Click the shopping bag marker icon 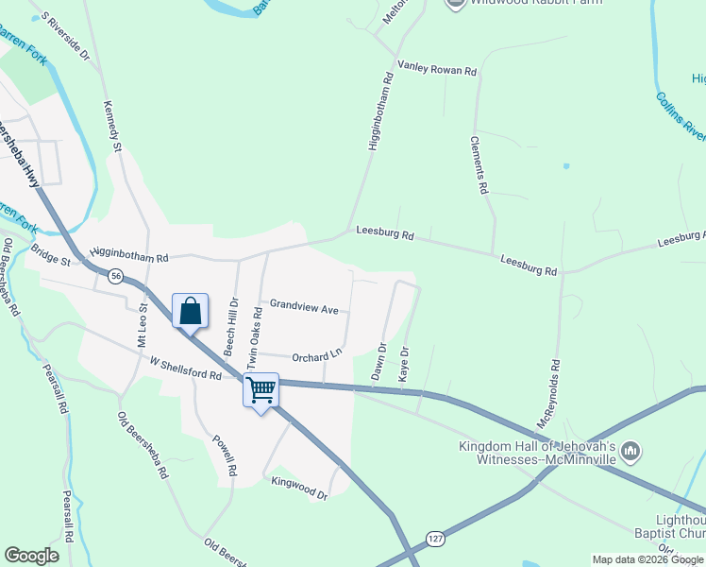[191, 310]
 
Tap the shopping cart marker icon [261, 389]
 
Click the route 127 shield [433, 535]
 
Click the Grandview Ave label [304, 307]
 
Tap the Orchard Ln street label [316, 356]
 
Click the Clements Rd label [481, 164]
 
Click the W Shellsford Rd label [184, 369]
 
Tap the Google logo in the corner [31, 556]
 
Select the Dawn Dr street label [378, 362]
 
